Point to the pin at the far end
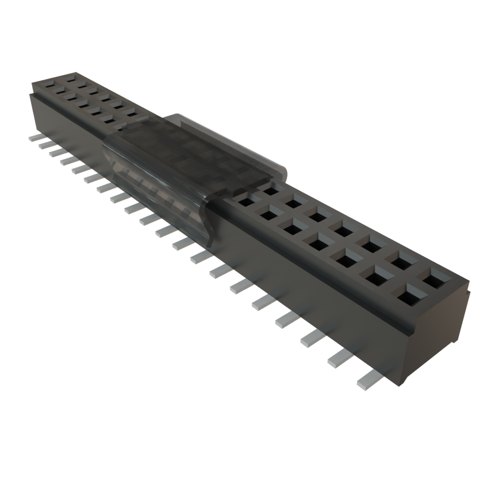[37, 138]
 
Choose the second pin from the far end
[45, 145]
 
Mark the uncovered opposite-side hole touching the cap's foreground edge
[269, 188]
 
